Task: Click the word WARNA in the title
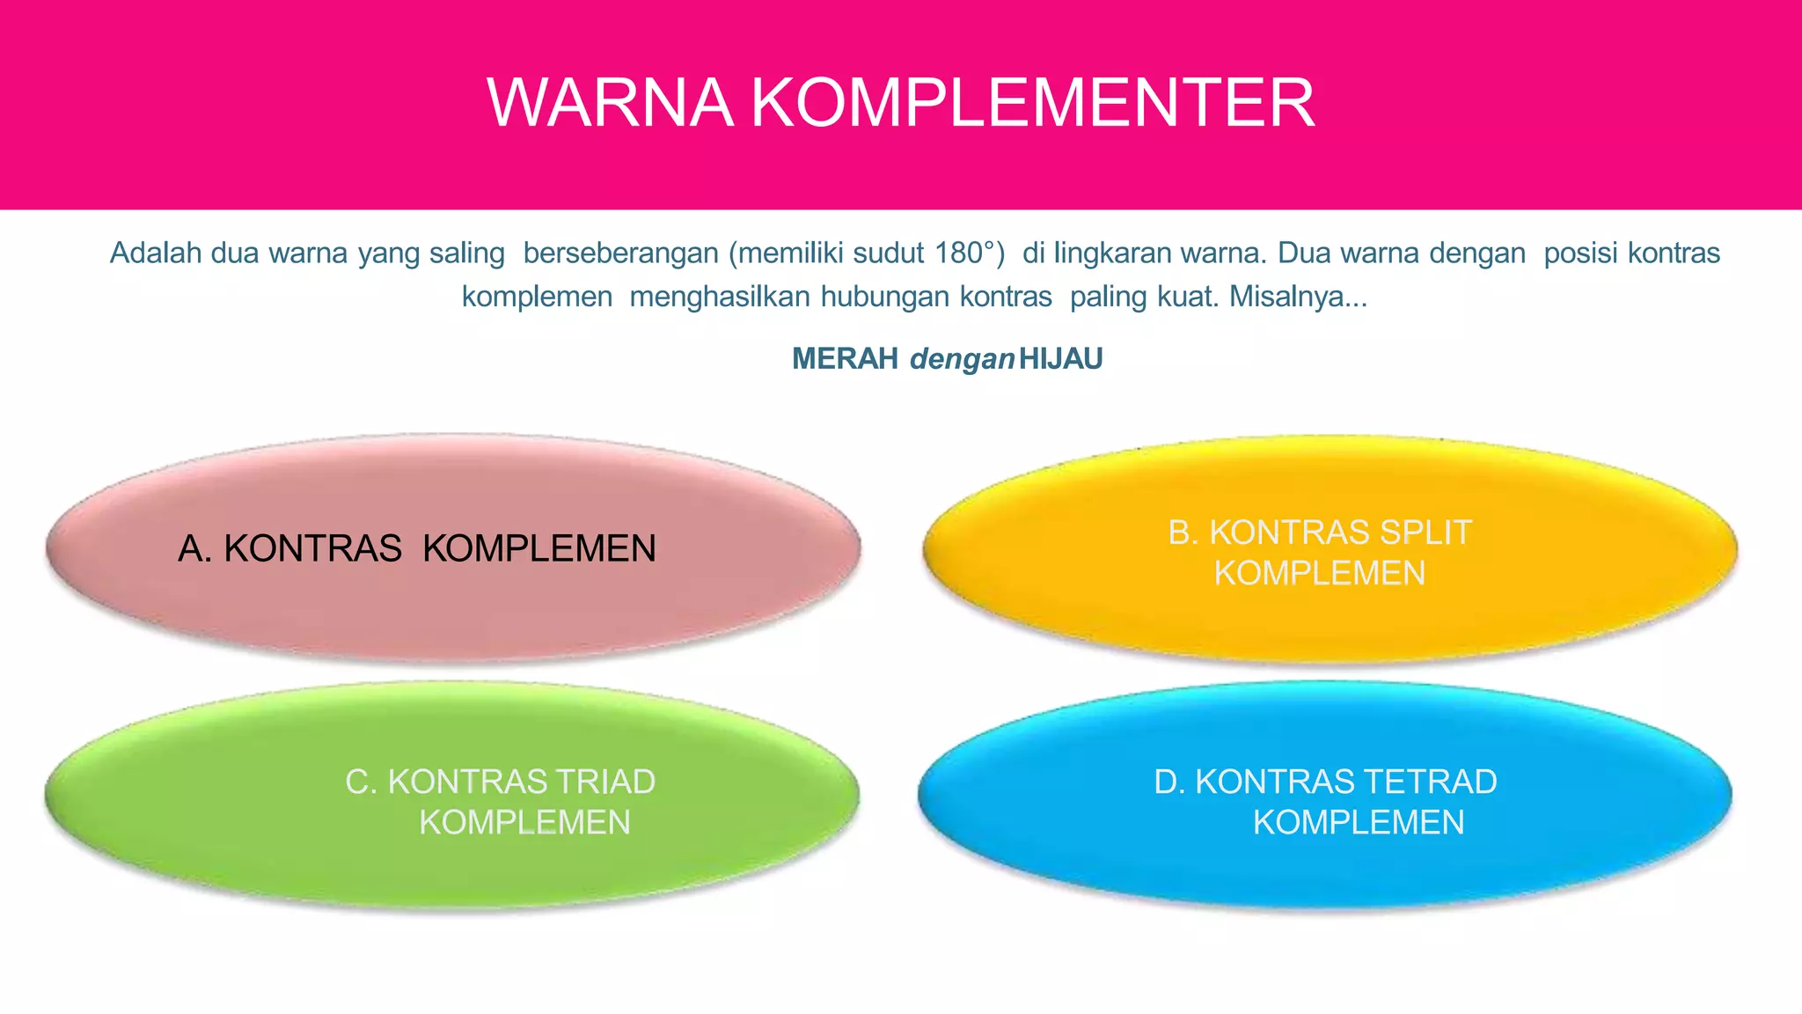click(610, 103)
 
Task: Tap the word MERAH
click(845, 359)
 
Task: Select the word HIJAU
click(1060, 359)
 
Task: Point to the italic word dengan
click(962, 359)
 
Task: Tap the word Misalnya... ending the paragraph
click(1298, 298)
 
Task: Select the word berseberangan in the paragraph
click(620, 253)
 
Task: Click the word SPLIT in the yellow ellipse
click(1425, 533)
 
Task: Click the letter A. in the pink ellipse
click(194, 549)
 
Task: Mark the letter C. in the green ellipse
click(361, 782)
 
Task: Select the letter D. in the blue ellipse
click(1169, 782)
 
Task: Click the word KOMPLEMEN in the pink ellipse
click(539, 549)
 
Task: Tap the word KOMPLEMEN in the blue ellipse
click(1359, 822)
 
